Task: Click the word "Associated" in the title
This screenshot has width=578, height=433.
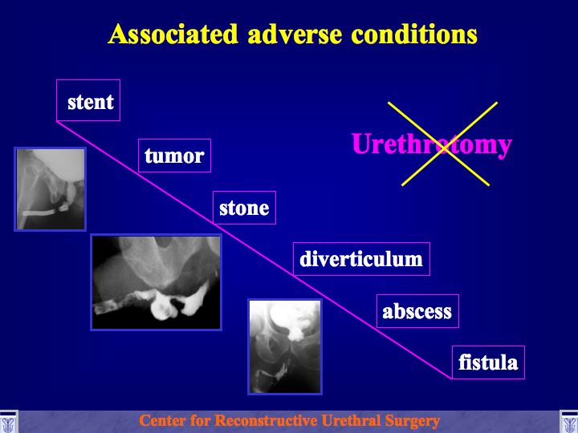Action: coord(173,34)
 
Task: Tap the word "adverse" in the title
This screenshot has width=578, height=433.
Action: coord(295,34)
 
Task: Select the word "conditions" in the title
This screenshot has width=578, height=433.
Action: coord(414,34)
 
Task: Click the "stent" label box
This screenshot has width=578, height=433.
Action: coord(88,100)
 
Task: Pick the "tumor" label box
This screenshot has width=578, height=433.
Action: coord(174,156)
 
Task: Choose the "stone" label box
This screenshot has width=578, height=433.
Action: coord(244,208)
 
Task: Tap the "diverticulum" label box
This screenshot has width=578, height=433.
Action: coord(361,259)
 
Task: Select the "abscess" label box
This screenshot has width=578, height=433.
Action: coord(417,311)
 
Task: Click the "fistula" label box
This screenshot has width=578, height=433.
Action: coord(488,362)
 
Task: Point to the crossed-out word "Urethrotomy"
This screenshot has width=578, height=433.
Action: coord(431,144)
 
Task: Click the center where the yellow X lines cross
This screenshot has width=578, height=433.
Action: coord(444,147)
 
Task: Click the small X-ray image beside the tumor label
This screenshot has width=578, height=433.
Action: coord(50,189)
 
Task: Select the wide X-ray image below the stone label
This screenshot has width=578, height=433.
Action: coord(156,282)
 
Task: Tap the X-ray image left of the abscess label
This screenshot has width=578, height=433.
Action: coord(285,346)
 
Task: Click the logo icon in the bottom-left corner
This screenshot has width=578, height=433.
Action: coord(9,422)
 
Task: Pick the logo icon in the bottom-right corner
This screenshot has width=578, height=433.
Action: coord(569,422)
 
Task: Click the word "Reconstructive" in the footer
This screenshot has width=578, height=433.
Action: coord(267,420)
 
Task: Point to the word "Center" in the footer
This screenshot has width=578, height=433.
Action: coord(162,420)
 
